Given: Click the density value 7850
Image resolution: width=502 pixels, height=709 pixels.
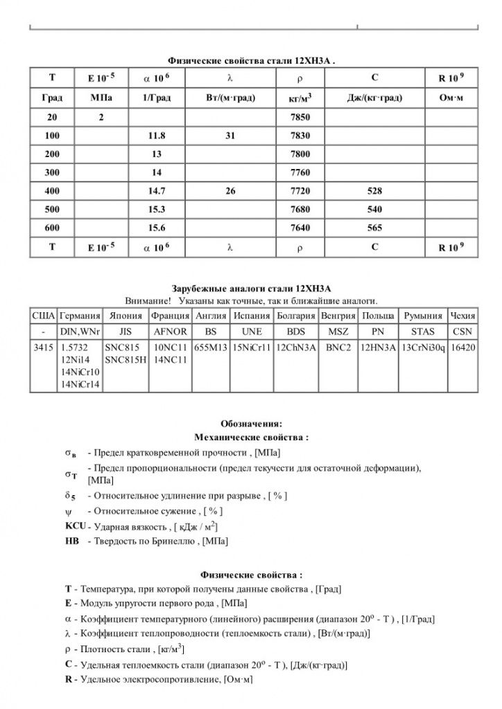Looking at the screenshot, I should click(x=302, y=118).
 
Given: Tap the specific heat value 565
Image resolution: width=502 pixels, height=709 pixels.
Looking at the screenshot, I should click(x=374, y=226).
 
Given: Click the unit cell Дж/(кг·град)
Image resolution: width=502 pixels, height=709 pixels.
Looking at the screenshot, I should click(x=374, y=98).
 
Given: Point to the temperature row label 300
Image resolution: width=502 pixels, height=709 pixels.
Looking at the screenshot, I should click(x=52, y=172).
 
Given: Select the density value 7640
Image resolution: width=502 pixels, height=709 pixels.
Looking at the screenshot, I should click(x=302, y=226).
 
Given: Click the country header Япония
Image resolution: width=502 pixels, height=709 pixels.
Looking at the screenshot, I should click(x=125, y=315).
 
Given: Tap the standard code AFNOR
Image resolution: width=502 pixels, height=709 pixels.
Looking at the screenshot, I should click(x=170, y=331).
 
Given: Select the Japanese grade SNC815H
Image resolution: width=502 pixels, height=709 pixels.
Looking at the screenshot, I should click(x=125, y=360).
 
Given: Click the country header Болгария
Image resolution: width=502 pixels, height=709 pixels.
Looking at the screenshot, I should click(x=296, y=315).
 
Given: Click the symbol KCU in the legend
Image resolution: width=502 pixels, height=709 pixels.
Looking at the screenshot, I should click(x=74, y=526).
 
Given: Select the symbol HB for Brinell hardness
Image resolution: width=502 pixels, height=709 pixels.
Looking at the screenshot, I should click(x=71, y=540).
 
